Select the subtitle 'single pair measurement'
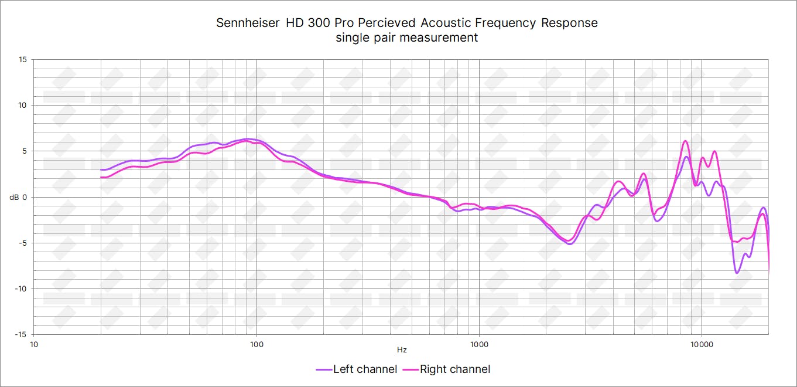coord(406,38)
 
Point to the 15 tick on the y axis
coord(22,60)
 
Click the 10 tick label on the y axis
coord(22,106)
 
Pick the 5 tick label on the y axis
coord(24,151)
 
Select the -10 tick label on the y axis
coord(21,288)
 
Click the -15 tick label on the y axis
coord(21,334)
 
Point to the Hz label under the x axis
coord(402,350)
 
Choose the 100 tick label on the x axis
coord(256,344)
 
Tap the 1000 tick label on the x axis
coord(479,344)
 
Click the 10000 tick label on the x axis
coord(702,344)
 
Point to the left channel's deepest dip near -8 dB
coord(737,273)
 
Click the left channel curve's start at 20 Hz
coord(101,170)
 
